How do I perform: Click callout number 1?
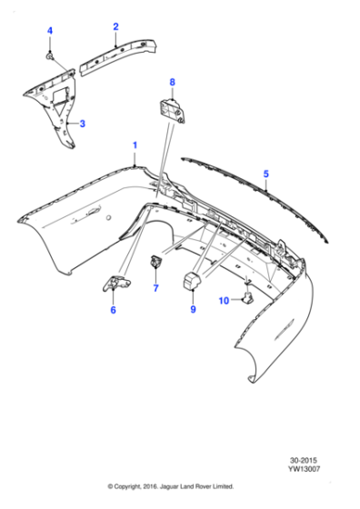click(135, 145)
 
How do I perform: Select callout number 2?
click(115, 27)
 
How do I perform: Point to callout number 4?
click(50, 32)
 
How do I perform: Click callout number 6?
click(114, 310)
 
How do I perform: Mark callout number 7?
click(155, 289)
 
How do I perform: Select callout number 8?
click(171, 83)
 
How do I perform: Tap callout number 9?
click(193, 309)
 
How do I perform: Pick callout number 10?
click(224, 300)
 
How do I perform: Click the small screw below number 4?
click(54, 59)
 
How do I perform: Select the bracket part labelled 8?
click(174, 108)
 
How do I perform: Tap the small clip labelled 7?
click(155, 264)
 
